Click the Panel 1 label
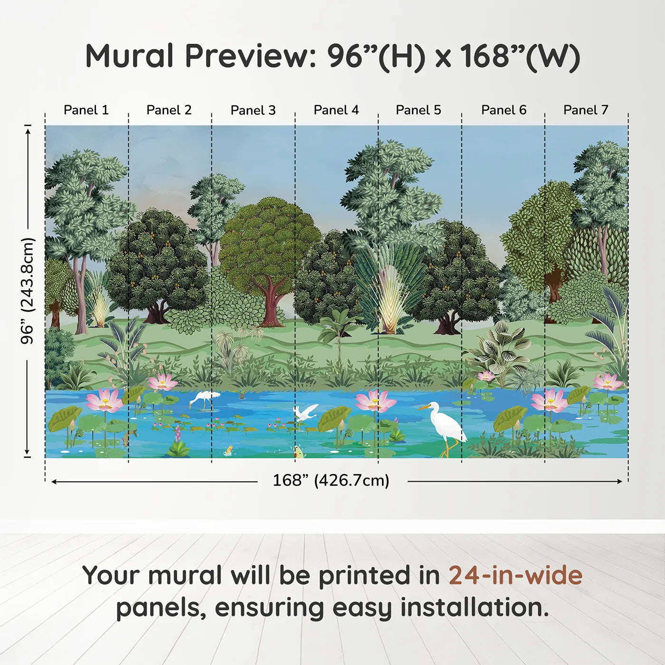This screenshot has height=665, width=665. (x=86, y=110)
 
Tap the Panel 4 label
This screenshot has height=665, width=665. (x=336, y=110)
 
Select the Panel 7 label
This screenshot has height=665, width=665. (x=586, y=110)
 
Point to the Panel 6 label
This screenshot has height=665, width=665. (x=503, y=110)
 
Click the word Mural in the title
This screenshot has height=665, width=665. (x=129, y=56)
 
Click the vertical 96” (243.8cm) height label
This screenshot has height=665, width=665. (x=28, y=291)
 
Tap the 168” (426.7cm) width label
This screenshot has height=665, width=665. (x=331, y=481)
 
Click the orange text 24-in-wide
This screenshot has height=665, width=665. (x=515, y=576)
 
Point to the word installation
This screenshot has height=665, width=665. (x=474, y=608)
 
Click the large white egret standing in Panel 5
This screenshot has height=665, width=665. (x=446, y=425)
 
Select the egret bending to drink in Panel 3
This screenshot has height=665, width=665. (x=204, y=399)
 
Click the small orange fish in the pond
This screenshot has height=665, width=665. (x=229, y=449)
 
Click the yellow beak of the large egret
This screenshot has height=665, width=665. (x=423, y=407)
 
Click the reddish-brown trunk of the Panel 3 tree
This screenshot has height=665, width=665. (x=271, y=304)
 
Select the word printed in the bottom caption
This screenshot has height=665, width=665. (x=364, y=576)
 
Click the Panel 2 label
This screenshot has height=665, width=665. (x=169, y=110)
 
